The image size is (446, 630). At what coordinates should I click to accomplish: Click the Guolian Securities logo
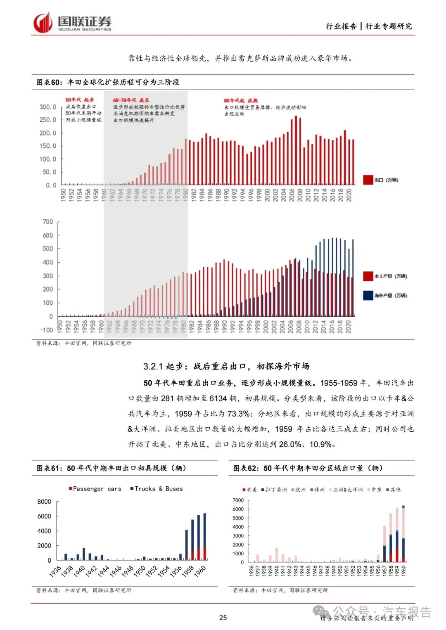tap(72, 23)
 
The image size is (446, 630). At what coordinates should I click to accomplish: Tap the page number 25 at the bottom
tap(223, 618)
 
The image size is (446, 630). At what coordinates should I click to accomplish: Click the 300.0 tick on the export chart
tap(48, 107)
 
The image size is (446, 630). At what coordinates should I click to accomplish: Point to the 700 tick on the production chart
tap(48, 222)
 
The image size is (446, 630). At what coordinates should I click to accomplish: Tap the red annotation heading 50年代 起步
tap(80, 100)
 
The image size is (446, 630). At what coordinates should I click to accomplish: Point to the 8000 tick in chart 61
tap(44, 502)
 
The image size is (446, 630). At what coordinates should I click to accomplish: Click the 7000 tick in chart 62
tap(238, 500)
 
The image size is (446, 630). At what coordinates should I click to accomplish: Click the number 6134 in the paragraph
tap(218, 398)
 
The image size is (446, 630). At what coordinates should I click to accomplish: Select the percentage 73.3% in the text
tap(238, 414)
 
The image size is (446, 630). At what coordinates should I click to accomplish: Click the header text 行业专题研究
tap(389, 26)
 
